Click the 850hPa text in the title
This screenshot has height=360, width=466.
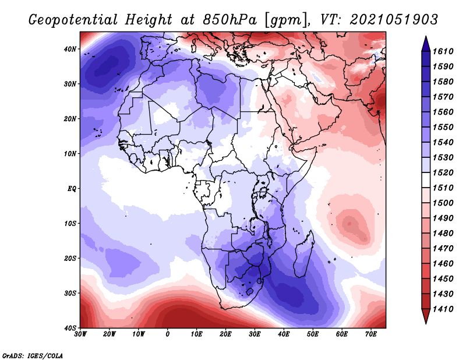pos(230,20)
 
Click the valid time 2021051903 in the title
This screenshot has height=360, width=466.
pos(394,20)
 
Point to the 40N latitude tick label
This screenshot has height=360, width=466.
pos(70,49)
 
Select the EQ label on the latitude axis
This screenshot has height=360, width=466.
pos(72,189)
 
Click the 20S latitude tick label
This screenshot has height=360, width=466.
pos(70,258)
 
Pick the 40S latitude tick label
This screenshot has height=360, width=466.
pos(70,328)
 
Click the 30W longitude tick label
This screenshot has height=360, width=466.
pos(80,334)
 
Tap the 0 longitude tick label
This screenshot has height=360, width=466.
pos(168,334)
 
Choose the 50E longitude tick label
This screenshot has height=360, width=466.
pos(313,334)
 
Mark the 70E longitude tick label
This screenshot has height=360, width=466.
pos(371,334)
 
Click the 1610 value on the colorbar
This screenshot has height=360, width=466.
pos(443,51)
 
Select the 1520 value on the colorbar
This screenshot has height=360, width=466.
pos(443,172)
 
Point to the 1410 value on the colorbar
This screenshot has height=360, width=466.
pos(443,309)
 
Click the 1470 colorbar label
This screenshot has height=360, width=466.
pos(443,249)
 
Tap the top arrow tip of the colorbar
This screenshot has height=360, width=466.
pos(426,36)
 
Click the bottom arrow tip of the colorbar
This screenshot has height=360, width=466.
pos(426,324)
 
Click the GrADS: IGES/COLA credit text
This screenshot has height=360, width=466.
pos(33,356)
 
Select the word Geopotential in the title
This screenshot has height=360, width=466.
pos(73,20)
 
